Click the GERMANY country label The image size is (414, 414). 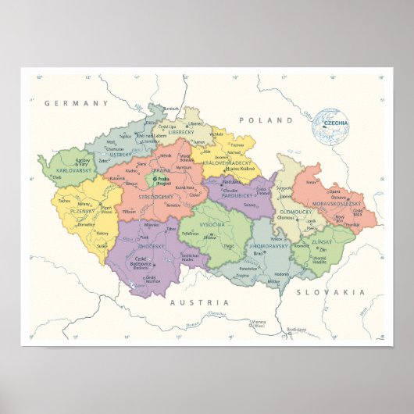point(76,103)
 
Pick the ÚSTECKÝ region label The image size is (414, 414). point(120,155)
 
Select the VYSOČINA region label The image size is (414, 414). point(213,224)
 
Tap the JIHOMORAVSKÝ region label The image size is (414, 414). point(268,246)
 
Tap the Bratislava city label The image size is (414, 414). point(296,330)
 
